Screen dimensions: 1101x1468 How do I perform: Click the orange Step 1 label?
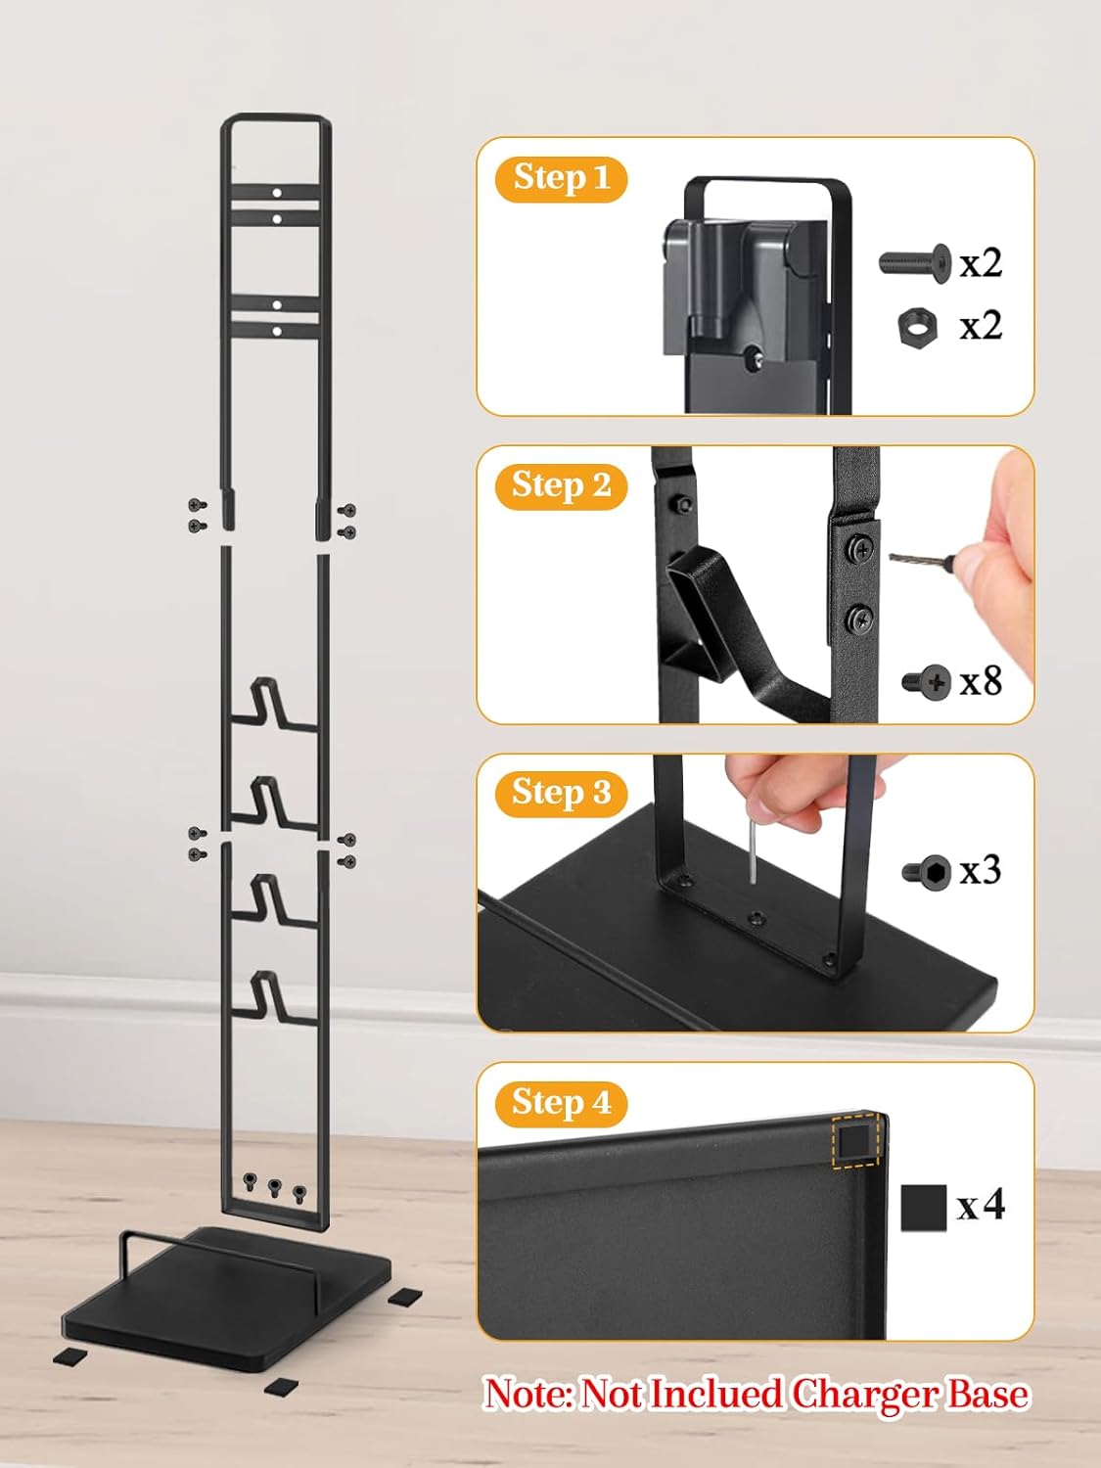(560, 178)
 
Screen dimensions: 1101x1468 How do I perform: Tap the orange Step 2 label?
(560, 486)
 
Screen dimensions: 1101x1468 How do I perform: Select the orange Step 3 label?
(560, 794)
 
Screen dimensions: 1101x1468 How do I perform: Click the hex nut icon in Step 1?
(916, 326)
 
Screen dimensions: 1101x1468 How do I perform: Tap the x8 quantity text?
(982, 681)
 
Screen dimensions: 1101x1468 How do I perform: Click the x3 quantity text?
(981, 870)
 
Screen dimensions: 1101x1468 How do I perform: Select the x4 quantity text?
(981, 1205)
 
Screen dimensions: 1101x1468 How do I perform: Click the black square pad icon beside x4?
(923, 1208)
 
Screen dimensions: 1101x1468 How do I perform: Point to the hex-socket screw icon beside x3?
(927, 871)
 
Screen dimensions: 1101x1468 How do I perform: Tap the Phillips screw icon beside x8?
(927, 683)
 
